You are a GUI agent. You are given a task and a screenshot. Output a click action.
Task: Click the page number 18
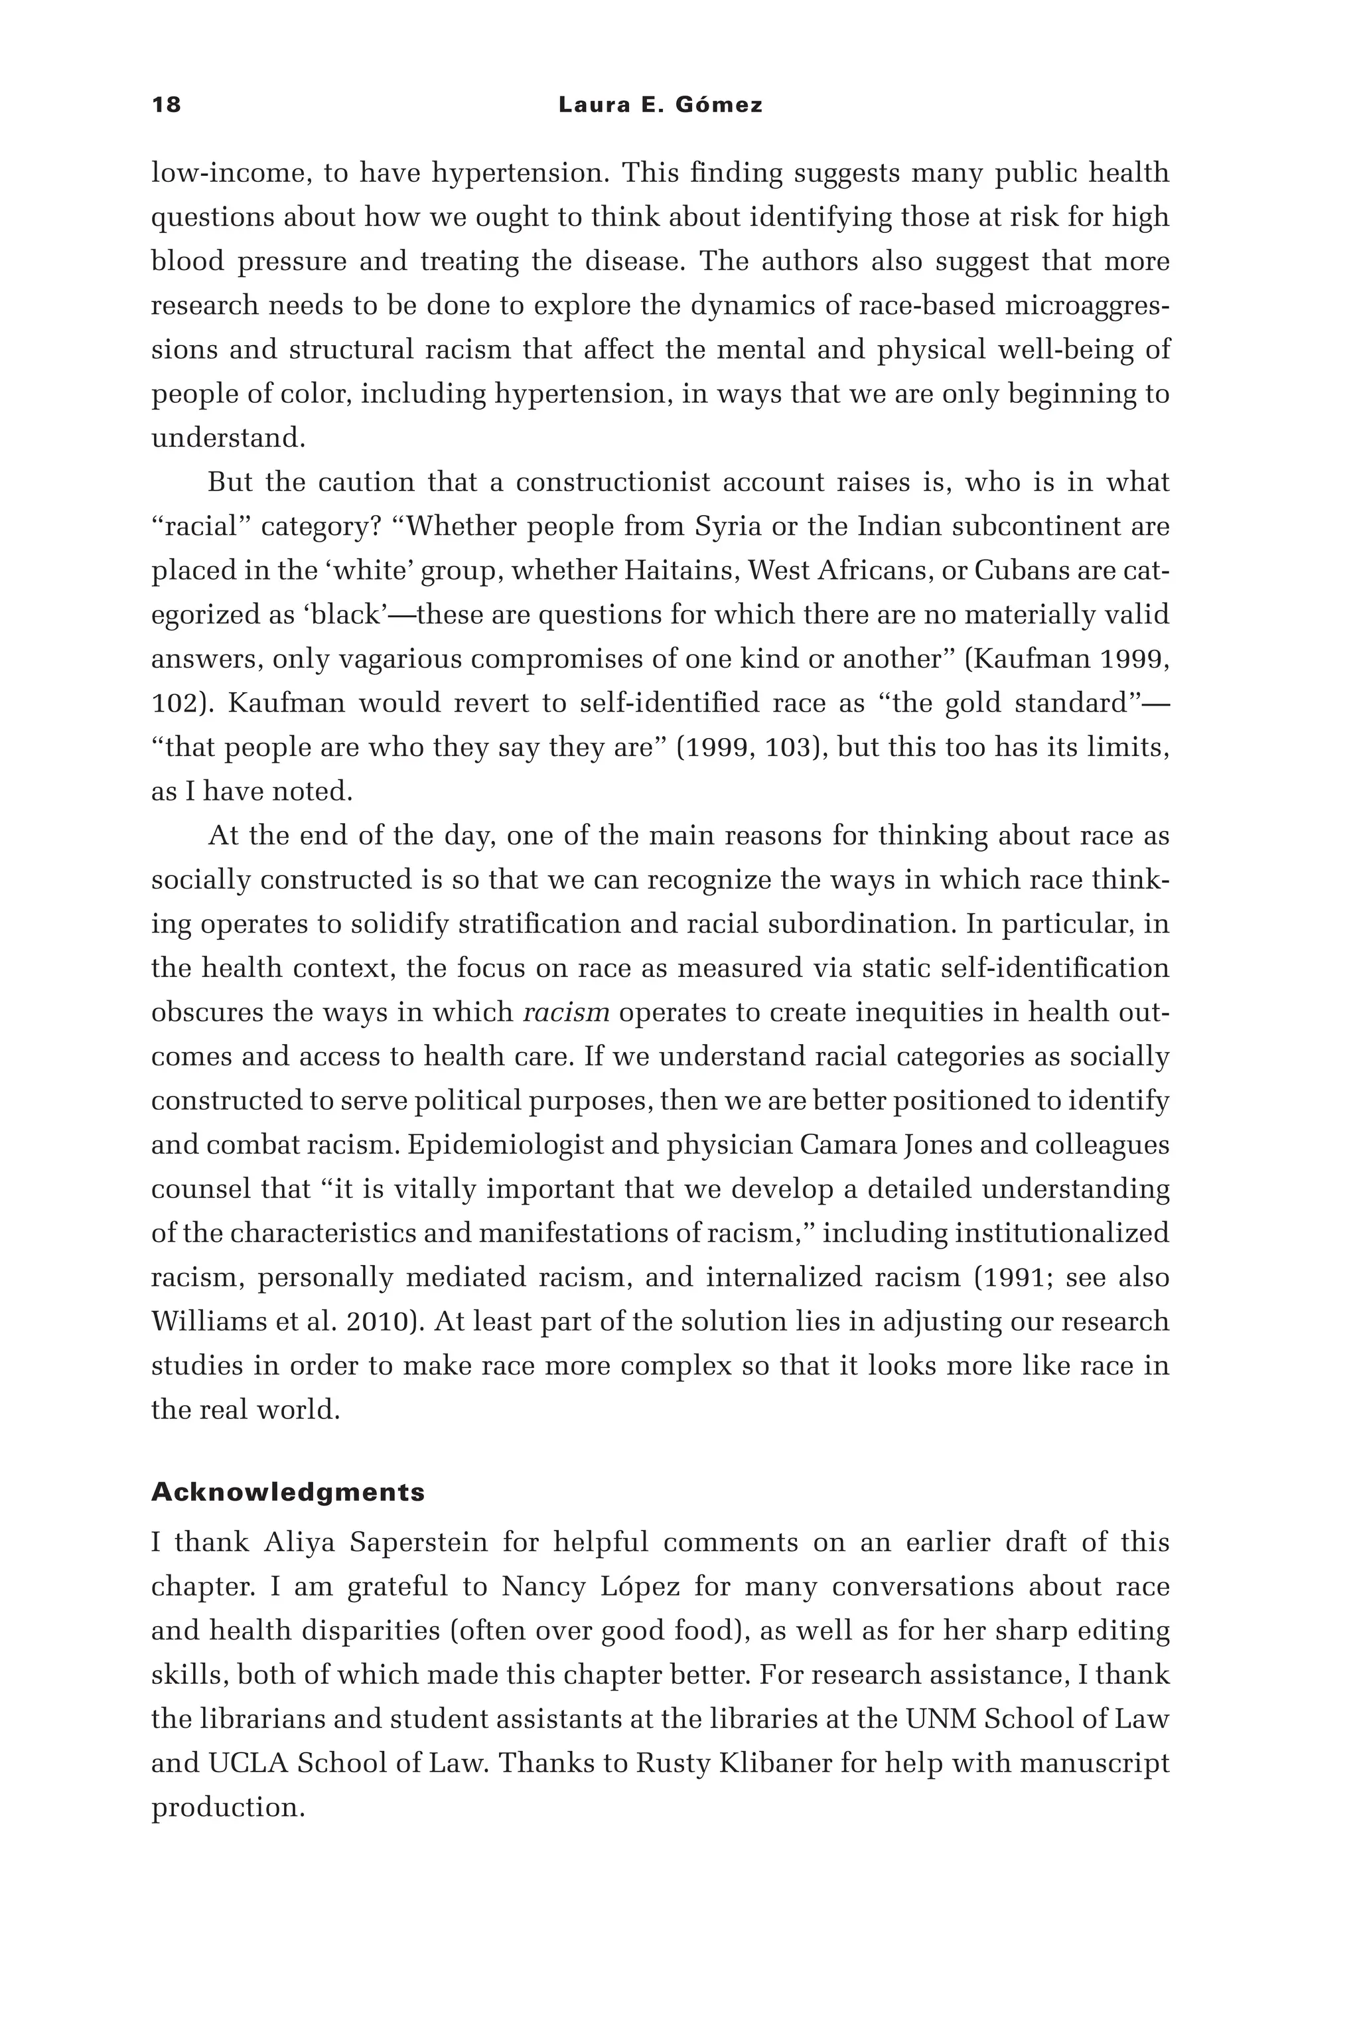[167, 105]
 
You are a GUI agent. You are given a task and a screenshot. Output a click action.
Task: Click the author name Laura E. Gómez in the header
[660, 105]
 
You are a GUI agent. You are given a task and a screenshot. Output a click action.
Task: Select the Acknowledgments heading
[288, 1492]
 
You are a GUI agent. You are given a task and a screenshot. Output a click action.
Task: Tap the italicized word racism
[567, 1012]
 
